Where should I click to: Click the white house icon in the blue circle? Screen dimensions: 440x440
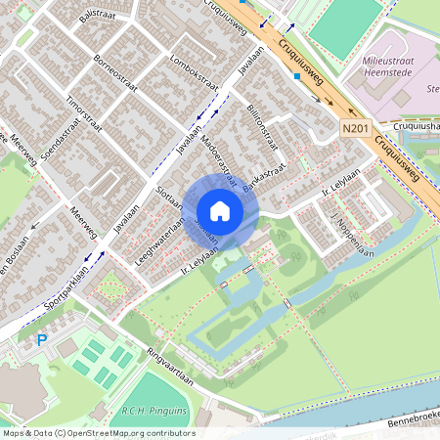pyautogui.click(x=220, y=210)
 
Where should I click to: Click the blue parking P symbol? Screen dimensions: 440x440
pyautogui.click(x=41, y=340)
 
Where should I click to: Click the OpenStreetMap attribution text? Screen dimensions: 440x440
pyautogui.click(x=98, y=433)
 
